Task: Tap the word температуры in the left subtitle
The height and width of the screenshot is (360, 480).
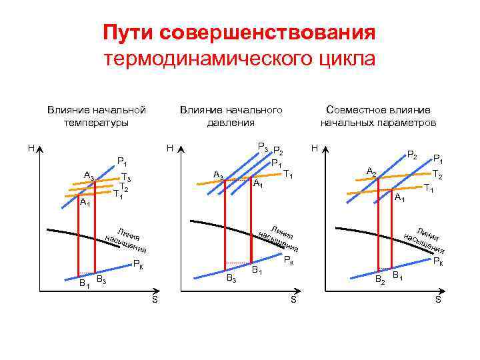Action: [x=97, y=123]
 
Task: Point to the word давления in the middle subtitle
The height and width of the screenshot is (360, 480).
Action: [x=231, y=123]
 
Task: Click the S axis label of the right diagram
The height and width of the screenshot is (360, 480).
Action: [x=437, y=300]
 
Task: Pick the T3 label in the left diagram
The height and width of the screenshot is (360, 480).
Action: [x=126, y=177]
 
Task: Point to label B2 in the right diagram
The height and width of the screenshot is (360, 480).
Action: [x=379, y=280]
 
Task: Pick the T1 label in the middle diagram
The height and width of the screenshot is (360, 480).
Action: [x=289, y=174]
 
